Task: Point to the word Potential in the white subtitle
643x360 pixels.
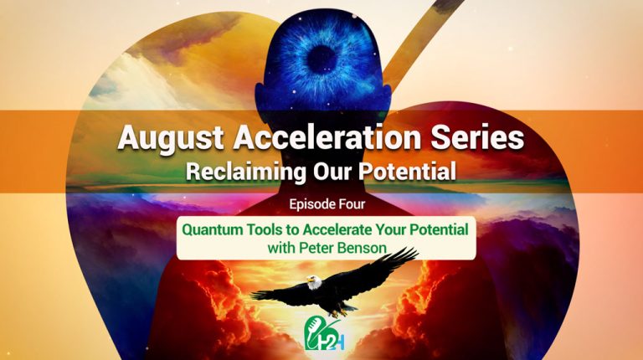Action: pos(406,172)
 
